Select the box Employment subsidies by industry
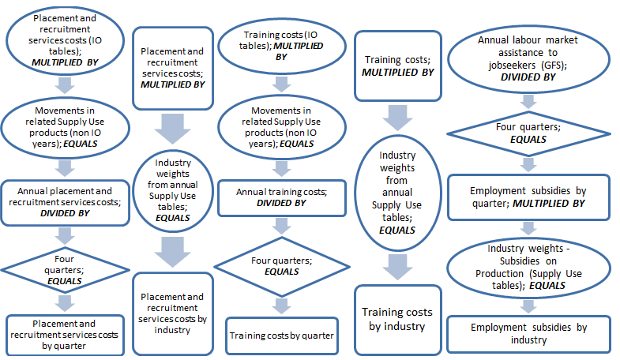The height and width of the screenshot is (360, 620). [528, 333]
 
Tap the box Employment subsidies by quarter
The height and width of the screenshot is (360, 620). [528, 197]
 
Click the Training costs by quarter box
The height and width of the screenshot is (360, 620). [282, 335]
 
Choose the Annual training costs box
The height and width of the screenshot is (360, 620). [282, 197]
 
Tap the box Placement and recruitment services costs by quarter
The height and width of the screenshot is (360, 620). [65, 335]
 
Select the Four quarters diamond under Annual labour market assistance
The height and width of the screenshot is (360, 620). [528, 131]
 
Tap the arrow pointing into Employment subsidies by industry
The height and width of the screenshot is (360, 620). [528, 304]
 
